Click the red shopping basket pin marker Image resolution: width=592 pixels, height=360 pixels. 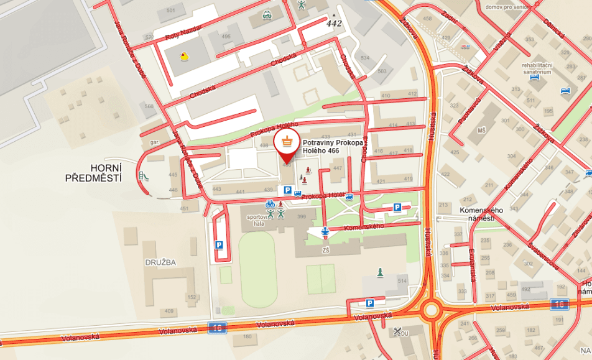click(286, 141)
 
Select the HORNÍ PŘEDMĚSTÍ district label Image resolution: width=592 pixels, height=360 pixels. click(93, 173)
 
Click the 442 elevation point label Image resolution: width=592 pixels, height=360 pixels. click(334, 23)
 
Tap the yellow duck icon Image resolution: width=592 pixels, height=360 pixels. click(184, 57)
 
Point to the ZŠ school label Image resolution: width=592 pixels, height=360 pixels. click(325, 251)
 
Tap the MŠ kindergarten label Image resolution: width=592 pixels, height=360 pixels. click(481, 132)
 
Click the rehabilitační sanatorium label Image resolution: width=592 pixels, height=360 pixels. click(537, 68)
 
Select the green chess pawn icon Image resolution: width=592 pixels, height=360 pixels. click(380, 272)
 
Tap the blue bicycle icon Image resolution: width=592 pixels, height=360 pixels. click(270, 203)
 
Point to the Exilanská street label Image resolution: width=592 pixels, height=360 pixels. click(473, 261)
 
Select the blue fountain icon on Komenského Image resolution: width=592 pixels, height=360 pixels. click(325, 232)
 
